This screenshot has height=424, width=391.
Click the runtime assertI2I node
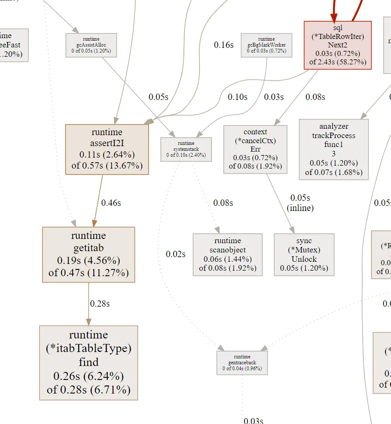(107, 149)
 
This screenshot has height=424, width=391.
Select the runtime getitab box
(88, 254)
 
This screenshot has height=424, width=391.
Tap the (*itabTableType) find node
(88, 363)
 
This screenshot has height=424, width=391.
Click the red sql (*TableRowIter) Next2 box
(338, 45)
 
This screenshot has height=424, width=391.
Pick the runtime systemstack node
(186, 149)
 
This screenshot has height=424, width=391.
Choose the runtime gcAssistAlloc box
(91, 45)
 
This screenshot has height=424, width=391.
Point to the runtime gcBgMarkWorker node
(266, 45)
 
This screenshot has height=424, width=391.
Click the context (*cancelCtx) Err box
(255, 149)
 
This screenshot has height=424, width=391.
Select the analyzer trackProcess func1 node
(334, 149)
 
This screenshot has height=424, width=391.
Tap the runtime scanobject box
(228, 254)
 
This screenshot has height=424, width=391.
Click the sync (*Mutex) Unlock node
(304, 254)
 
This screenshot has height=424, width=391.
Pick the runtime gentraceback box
(242, 363)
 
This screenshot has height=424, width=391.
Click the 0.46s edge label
(111, 203)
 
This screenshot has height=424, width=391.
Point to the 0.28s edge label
(100, 304)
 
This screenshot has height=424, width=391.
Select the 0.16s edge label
(224, 45)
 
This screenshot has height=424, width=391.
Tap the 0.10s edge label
(237, 97)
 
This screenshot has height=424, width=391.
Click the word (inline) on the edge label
(300, 208)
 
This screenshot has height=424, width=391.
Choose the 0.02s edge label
(176, 254)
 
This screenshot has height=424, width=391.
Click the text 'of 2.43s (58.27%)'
(338, 63)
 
